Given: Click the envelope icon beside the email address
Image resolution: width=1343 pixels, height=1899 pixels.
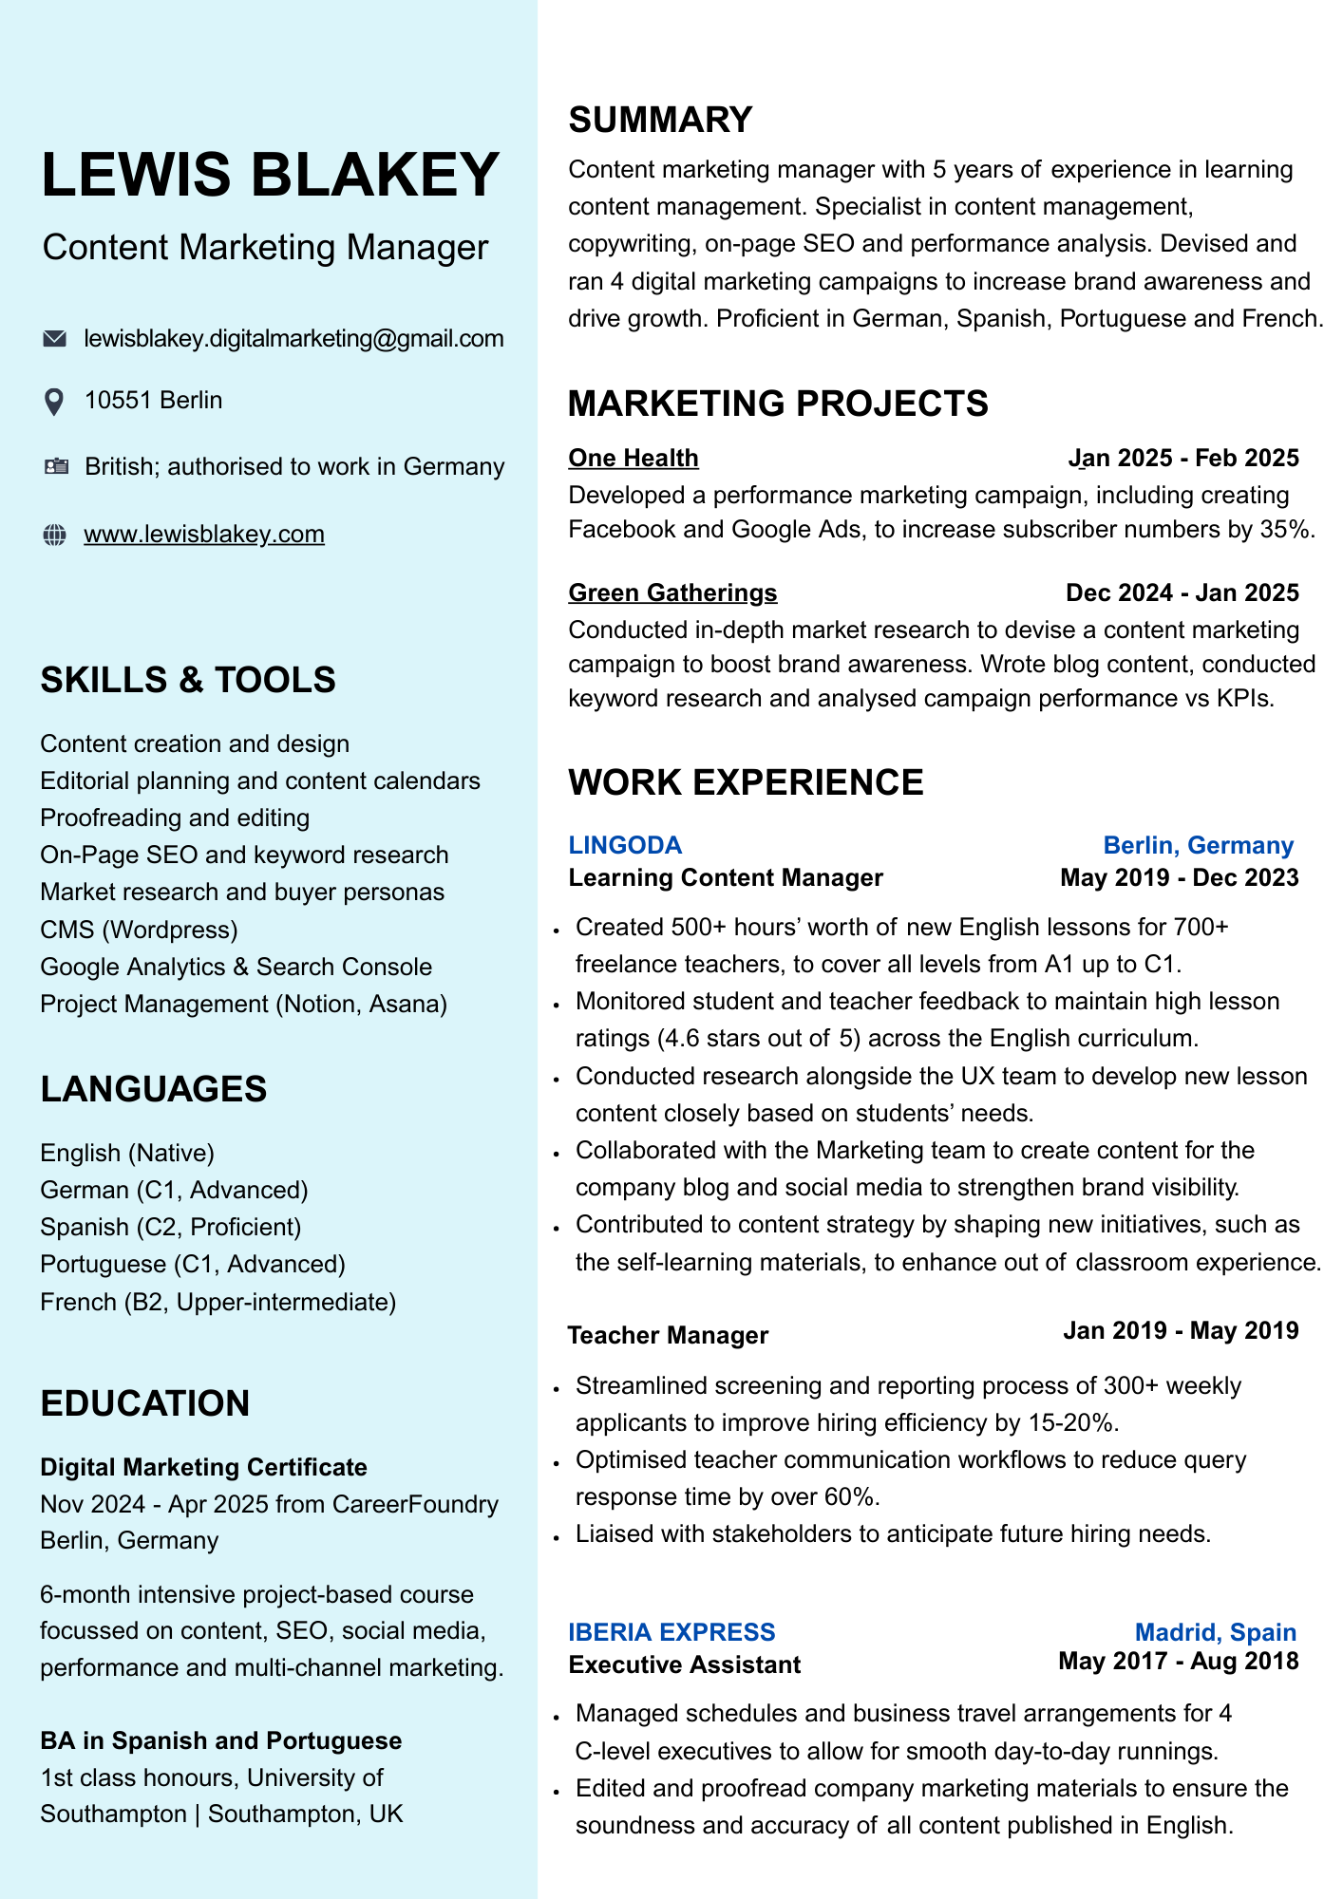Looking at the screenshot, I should click(x=55, y=339).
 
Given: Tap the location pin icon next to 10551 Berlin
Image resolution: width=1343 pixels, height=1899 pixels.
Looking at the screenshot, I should click(x=55, y=402).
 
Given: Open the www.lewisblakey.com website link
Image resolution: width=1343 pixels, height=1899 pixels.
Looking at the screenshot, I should click(x=204, y=535).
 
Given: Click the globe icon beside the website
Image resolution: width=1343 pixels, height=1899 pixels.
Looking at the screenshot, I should click(x=55, y=535).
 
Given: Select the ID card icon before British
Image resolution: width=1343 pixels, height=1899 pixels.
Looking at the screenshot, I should click(x=56, y=466).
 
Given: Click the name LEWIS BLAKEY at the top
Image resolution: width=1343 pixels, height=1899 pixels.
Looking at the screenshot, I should click(x=271, y=175).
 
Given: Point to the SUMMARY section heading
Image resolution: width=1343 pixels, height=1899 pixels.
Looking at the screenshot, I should click(x=660, y=121).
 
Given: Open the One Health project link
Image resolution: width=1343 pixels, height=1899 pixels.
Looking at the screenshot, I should click(x=634, y=459).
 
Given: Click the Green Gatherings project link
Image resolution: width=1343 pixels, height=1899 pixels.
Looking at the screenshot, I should click(x=672, y=593).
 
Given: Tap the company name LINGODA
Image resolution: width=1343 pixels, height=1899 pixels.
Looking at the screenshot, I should click(x=625, y=845).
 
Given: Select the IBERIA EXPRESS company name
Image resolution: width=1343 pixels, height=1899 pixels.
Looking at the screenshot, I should click(x=671, y=1632).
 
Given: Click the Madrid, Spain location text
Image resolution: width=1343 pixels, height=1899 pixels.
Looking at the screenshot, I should click(x=1216, y=1632).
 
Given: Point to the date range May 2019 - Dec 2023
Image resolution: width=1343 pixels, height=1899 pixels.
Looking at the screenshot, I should click(x=1179, y=877).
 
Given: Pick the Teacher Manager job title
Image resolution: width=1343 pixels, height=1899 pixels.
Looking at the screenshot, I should click(x=668, y=1335).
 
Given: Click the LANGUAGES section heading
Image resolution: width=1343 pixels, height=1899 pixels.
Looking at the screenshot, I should click(x=154, y=1089).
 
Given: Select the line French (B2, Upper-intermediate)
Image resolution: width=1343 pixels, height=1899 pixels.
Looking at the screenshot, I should click(x=218, y=1302).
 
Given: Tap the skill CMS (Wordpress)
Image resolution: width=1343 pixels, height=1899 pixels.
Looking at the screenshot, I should click(x=139, y=930).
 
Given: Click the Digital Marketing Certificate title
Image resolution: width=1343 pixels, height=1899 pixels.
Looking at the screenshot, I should click(x=203, y=1467).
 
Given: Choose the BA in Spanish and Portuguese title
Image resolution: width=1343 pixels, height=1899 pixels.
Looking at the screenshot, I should click(x=220, y=1740).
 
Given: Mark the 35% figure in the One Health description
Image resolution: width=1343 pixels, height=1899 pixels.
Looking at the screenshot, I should click(x=1287, y=530).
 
